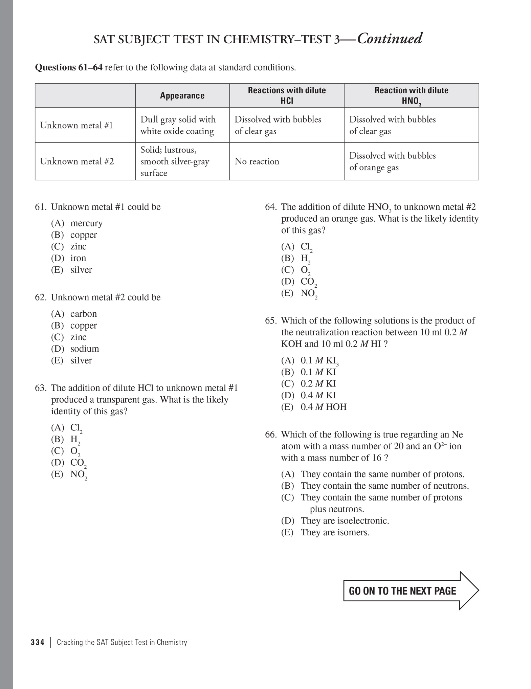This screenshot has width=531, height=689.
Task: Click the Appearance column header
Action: click(182, 96)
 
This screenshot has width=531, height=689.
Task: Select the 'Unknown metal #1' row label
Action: click(76, 126)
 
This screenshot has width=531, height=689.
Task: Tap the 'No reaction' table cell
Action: click(257, 161)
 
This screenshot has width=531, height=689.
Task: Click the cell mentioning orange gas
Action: click(392, 161)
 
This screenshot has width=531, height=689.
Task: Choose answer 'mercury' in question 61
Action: click(86, 223)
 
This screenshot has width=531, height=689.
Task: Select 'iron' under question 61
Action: click(78, 258)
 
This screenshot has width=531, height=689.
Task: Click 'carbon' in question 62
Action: click(83, 314)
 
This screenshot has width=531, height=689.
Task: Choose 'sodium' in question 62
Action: click(85, 349)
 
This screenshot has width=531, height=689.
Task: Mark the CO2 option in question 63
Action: click(78, 463)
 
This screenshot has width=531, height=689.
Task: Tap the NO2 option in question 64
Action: click(308, 293)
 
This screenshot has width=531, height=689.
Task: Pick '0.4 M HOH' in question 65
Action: click(323, 407)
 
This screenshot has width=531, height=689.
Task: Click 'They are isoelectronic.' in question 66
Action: click(345, 521)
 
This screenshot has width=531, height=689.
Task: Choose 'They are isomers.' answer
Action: click(335, 532)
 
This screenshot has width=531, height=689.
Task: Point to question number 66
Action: click(271, 435)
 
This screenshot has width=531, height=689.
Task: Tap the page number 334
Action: click(37, 642)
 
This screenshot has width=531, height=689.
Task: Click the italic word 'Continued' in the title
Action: click(390, 39)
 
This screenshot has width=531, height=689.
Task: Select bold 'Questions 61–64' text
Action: click(69, 68)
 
